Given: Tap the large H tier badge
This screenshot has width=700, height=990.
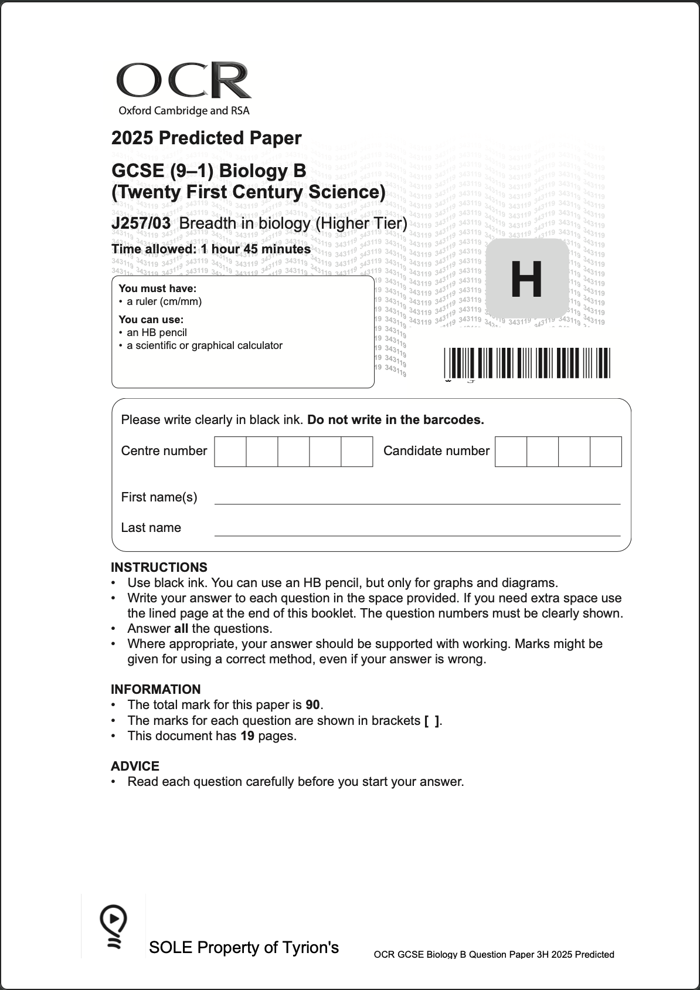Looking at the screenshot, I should (x=526, y=279).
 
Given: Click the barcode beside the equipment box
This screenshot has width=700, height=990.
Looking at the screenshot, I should (x=526, y=363).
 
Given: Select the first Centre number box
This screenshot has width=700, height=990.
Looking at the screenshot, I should (x=230, y=452).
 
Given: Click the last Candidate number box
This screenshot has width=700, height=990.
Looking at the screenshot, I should (x=606, y=452).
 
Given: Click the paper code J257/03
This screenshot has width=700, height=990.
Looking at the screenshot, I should (x=141, y=223).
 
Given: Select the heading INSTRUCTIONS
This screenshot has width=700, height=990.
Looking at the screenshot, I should (x=159, y=568).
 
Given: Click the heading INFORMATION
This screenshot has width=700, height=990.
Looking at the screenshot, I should (x=155, y=690).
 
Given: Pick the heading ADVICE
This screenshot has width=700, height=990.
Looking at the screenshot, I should (x=135, y=767).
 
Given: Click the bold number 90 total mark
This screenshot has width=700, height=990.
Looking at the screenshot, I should (x=313, y=705).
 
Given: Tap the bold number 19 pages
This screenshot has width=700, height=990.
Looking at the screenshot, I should (x=247, y=736).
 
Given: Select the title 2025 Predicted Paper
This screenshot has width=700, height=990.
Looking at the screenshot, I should (x=206, y=138).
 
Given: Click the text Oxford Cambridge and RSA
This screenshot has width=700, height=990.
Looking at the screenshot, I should (x=184, y=111).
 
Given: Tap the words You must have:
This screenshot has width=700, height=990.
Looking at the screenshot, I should (x=157, y=289).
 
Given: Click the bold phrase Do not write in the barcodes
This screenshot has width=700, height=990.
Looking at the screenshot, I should (x=396, y=420).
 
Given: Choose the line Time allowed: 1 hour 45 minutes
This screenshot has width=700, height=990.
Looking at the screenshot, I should (x=211, y=249).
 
